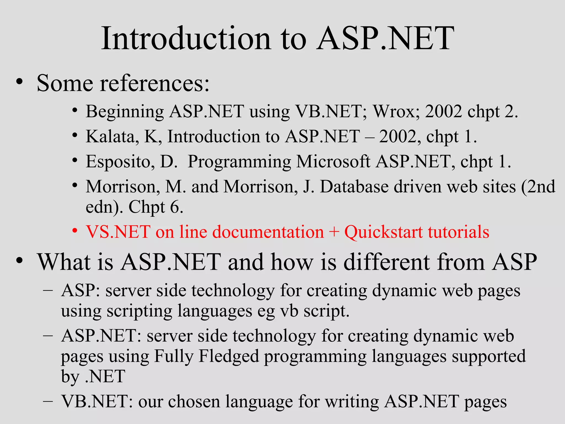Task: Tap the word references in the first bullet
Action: (154, 83)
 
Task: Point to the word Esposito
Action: (120, 162)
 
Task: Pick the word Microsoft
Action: (333, 162)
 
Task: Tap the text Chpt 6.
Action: (156, 207)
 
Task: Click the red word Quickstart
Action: (383, 232)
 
